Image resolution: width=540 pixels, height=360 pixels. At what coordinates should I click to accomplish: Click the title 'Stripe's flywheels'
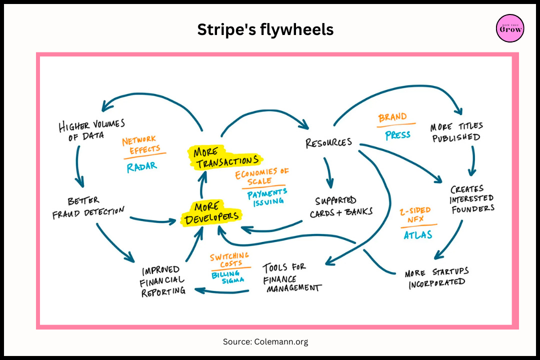pos(265,29)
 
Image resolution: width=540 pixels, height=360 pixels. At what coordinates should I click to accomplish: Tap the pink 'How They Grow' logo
pos(510,28)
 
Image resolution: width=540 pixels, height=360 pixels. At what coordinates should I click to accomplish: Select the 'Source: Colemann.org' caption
pos(265,342)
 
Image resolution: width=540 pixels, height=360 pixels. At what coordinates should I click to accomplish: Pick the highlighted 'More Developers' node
pos(211,214)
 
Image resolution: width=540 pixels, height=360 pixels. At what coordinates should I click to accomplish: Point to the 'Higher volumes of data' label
pos(91,129)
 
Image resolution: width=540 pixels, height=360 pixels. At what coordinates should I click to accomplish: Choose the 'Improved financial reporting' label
pos(163,280)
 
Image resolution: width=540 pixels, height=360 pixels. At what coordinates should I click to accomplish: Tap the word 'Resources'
pos(328,142)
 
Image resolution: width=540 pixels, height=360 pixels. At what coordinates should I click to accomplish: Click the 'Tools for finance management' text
pos(292,277)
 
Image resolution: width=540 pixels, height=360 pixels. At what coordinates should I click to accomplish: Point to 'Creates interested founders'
pos(472,199)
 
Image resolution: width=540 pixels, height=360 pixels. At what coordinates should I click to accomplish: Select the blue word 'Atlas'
pos(418,233)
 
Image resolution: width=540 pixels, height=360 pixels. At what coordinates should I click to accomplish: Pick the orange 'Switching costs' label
pos(229,259)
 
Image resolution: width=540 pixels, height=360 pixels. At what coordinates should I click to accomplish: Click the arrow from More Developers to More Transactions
pos(201,185)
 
